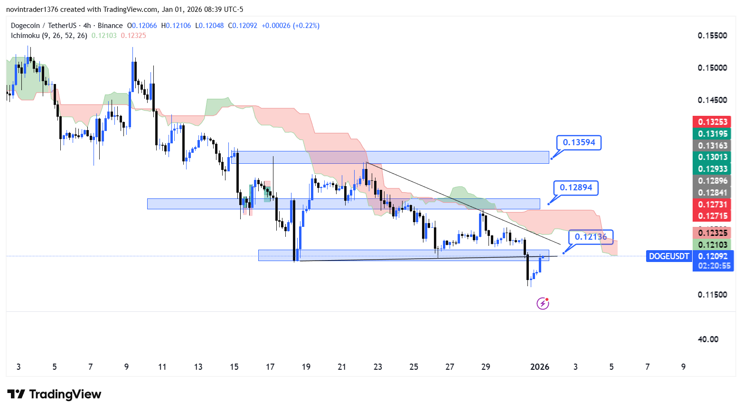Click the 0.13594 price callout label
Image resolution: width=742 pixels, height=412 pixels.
coord(579,142)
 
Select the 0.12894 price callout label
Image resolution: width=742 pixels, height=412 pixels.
coord(576,187)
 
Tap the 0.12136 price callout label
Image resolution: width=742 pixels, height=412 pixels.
coord(591,236)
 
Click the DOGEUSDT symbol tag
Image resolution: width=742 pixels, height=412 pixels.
coord(668,256)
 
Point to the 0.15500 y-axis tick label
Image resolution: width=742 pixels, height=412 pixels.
coord(712,36)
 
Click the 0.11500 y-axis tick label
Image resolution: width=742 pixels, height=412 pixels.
coord(712,295)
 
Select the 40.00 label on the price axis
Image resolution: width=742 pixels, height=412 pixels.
coord(708,339)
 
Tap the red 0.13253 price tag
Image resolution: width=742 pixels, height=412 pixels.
coord(712,122)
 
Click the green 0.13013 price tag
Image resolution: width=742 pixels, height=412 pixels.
coord(712,157)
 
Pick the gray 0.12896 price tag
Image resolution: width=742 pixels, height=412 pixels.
coord(712,181)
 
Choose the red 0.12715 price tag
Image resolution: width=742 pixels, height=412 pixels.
coord(712,216)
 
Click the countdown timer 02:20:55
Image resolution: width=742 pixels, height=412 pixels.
coord(714,266)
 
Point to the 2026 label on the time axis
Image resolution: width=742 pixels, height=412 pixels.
coord(540,367)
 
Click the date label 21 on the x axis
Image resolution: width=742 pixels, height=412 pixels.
coord(342,367)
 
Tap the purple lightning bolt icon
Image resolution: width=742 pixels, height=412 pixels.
coord(543,303)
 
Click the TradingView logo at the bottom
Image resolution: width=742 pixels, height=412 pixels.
coord(54,394)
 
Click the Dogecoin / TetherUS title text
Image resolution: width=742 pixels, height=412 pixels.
coord(66,26)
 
